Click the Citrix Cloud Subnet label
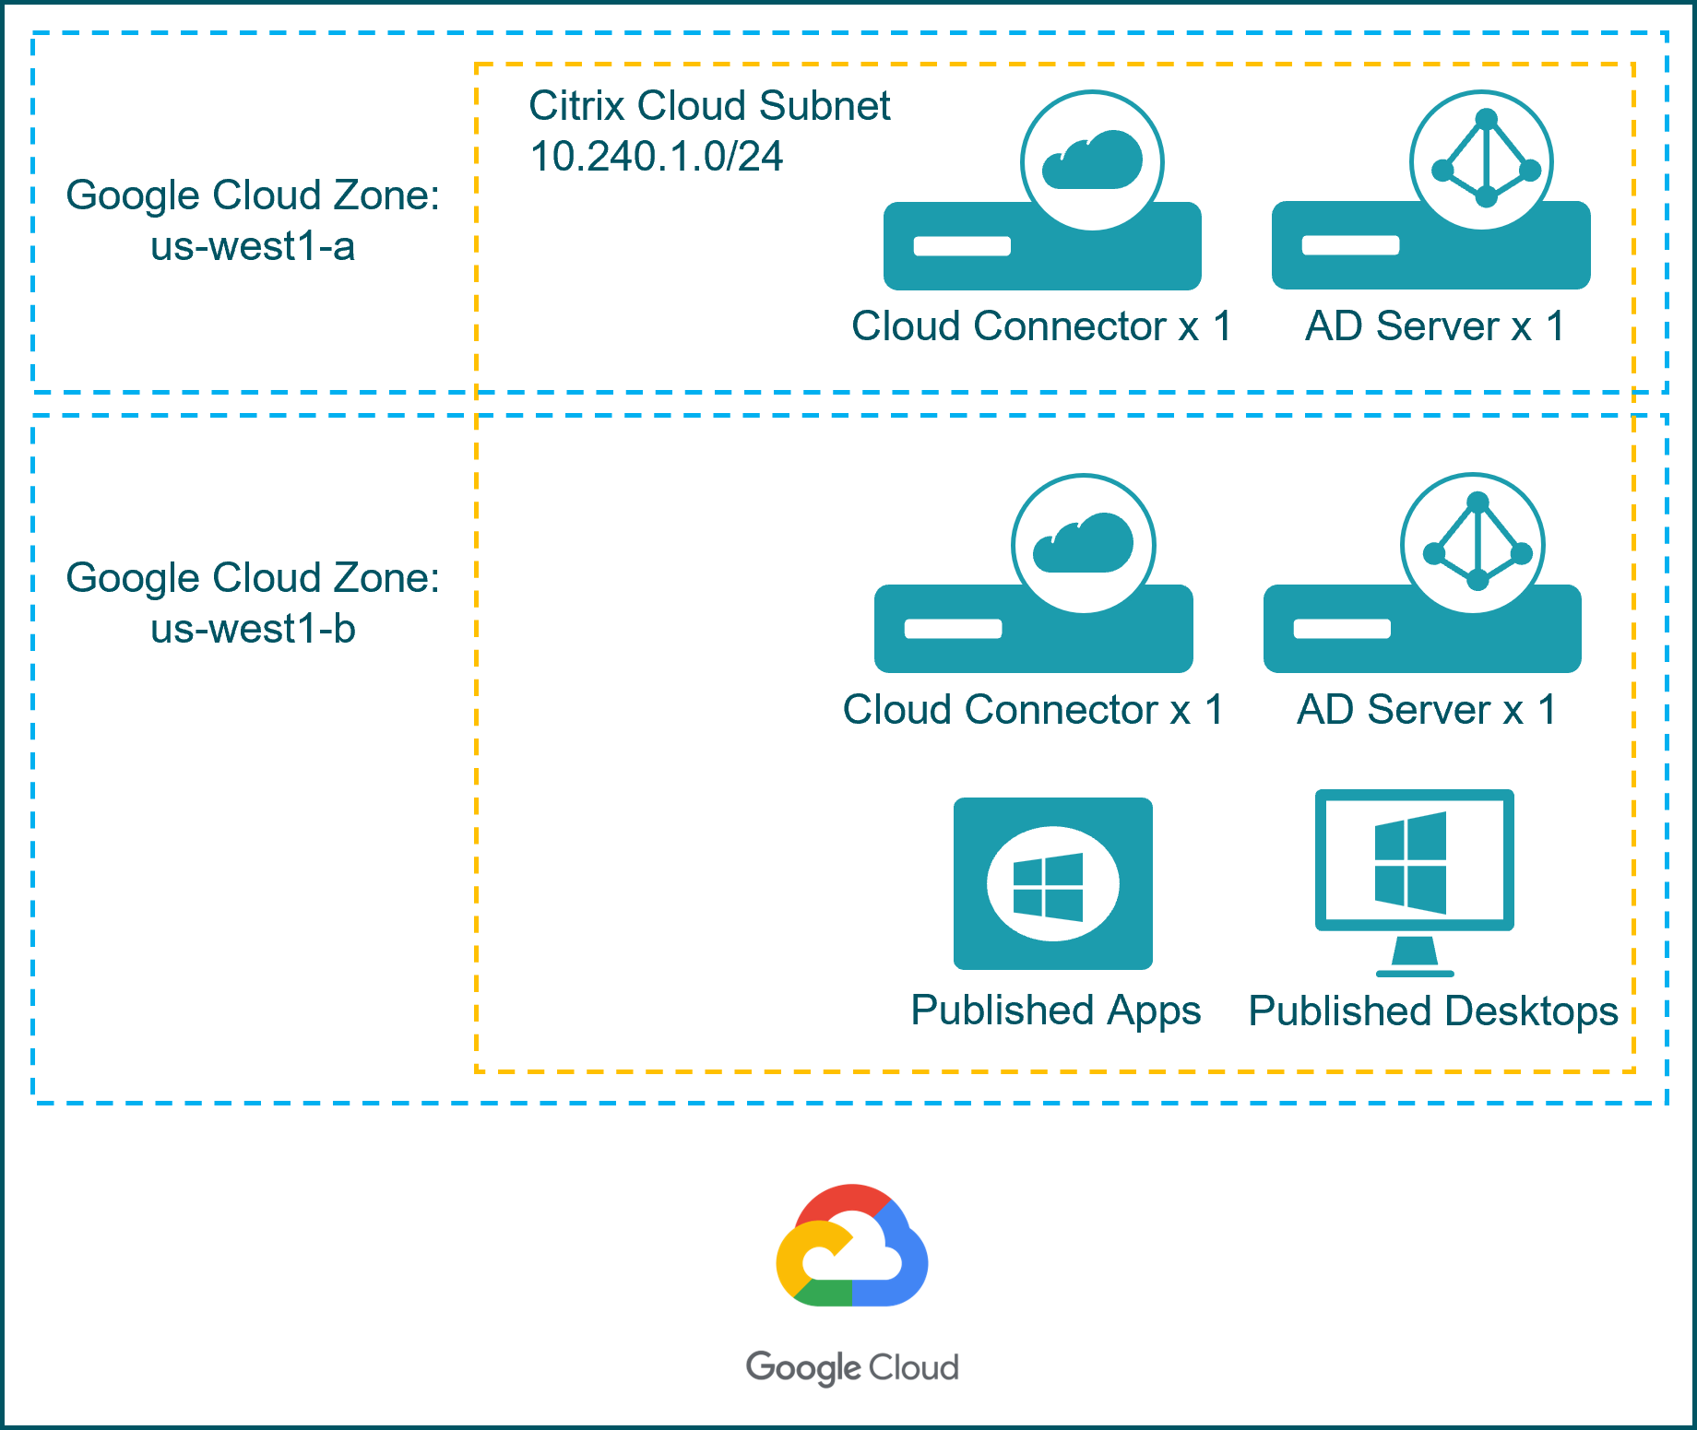point(709,106)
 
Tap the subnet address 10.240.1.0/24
point(657,157)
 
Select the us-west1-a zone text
point(253,246)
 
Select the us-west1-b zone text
point(253,630)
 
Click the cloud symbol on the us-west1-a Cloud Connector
point(1092,160)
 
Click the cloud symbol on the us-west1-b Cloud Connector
point(1083,544)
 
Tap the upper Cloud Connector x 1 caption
point(1041,326)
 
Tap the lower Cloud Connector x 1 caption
point(1033,710)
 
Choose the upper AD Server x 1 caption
point(1434,326)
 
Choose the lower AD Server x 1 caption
point(1427,710)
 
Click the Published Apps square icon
point(1052,883)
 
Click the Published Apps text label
point(1055,1010)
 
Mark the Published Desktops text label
point(1432,1011)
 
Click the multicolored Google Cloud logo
point(851,1246)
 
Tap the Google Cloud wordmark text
point(852,1367)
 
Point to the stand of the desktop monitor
point(1415,957)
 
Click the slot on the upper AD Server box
point(1350,245)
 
